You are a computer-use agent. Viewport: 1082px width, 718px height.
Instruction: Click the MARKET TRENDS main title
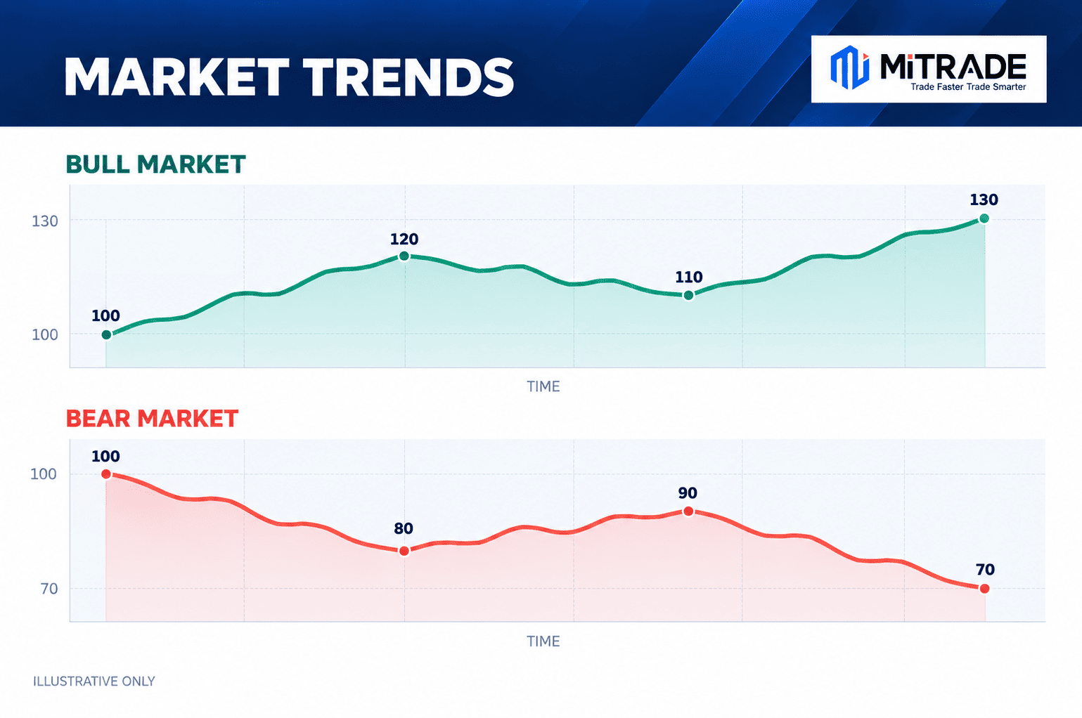289,77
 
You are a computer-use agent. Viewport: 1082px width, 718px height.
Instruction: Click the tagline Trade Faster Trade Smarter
968,87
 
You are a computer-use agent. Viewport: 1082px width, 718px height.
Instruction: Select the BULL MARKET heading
155,164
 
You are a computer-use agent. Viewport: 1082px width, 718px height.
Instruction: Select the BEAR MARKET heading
152,418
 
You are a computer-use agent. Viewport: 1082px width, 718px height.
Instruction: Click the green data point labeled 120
404,256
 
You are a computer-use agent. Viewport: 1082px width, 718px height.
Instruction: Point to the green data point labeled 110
689,295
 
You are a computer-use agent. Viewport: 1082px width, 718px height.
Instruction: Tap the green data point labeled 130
984,218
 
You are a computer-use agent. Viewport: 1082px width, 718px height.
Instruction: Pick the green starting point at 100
107,335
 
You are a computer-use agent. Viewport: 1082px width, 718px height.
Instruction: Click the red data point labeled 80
404,551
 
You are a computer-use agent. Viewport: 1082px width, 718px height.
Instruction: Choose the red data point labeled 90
689,511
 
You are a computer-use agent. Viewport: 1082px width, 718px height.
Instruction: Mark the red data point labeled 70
984,589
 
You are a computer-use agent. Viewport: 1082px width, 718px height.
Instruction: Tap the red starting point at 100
106,474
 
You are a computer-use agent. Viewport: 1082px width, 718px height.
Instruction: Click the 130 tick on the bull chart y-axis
45,221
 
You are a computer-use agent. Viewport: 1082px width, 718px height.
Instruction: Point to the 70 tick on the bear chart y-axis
49,589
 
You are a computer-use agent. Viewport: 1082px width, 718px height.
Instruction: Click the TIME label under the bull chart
543,386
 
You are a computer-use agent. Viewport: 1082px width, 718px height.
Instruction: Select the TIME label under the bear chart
543,641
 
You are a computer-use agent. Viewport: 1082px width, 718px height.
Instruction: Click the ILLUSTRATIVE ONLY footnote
94,681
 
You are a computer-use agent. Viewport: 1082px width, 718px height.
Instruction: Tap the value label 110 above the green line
689,277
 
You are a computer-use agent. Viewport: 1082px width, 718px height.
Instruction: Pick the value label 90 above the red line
688,492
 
